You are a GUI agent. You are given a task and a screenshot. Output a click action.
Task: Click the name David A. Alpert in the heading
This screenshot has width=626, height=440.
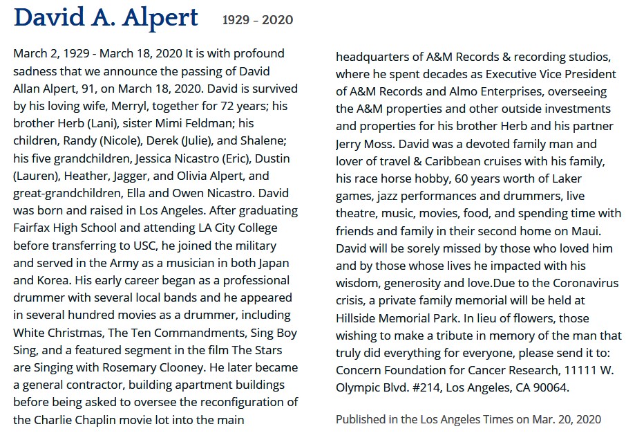(106, 17)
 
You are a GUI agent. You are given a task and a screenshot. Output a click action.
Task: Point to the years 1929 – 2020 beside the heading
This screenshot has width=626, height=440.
(257, 20)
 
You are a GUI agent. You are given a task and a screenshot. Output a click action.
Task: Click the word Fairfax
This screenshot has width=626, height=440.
(33, 228)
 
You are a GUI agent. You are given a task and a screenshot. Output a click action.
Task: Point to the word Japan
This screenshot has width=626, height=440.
(272, 264)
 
